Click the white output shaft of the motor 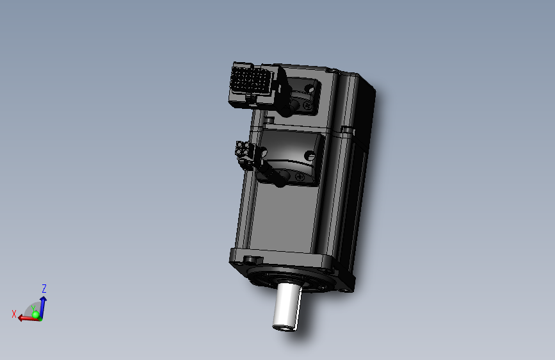[287, 304]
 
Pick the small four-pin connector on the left [244, 151]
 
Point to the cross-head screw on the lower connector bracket [300, 177]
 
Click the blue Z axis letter [44, 289]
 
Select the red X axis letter [13, 314]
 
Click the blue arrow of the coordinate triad [42, 304]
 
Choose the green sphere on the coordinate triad [36, 315]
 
